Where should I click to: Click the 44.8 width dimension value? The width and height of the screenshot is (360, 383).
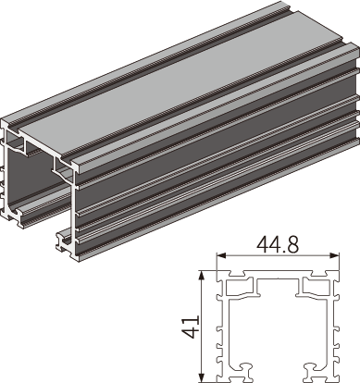(x=278, y=245)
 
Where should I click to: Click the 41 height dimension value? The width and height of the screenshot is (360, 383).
(x=191, y=327)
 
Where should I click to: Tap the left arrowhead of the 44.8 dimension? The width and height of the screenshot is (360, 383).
(x=221, y=255)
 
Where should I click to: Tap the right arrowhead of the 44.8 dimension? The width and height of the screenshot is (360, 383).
(x=335, y=255)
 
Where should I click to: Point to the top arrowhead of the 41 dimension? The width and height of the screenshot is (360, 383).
(x=202, y=276)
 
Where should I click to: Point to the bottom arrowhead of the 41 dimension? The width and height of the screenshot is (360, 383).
(x=202, y=377)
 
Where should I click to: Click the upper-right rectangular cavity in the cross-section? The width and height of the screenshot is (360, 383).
(x=317, y=287)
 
